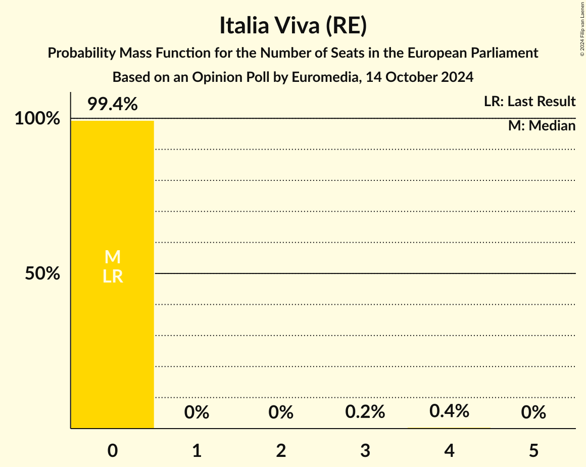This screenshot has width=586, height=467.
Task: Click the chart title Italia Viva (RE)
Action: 292,26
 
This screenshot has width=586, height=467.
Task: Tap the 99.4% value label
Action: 112,104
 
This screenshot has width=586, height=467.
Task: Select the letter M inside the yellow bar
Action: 112,257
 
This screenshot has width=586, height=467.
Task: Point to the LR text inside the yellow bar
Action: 112,276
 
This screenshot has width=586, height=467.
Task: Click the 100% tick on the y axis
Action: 37,119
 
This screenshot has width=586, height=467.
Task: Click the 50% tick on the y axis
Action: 42,274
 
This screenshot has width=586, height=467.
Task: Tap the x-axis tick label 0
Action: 112,450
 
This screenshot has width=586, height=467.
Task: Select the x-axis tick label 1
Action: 197,450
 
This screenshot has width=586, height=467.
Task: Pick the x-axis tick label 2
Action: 281,450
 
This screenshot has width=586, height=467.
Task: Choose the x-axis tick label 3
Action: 365,450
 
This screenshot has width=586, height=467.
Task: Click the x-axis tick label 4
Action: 449,450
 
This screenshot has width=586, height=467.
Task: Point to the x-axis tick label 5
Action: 533,450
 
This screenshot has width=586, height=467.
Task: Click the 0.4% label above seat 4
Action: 449,411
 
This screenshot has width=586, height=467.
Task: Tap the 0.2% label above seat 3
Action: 365,412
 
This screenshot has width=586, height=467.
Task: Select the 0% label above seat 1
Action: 197,413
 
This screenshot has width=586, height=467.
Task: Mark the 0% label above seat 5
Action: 533,413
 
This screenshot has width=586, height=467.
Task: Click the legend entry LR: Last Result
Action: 529,102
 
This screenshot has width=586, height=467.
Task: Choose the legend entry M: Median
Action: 542,126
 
